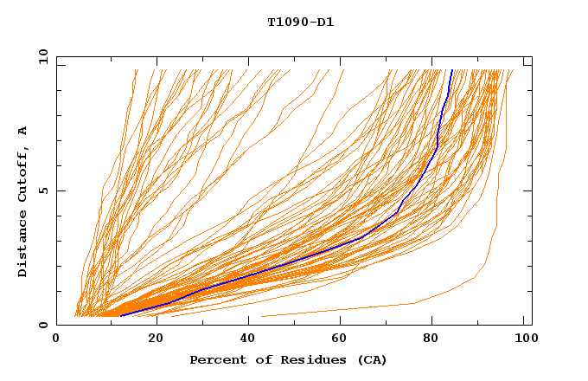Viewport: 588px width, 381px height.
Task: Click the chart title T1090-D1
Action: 300,23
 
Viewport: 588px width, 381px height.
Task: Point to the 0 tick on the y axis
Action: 43,325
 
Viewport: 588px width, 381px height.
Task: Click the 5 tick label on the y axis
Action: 43,190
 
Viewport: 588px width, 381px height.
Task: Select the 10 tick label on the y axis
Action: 41,56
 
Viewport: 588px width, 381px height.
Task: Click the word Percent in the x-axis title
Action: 214,359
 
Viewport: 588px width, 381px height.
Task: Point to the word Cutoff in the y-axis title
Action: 23,176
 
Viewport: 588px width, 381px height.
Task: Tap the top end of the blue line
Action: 451,70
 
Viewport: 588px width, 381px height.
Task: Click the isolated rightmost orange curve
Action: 495,216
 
